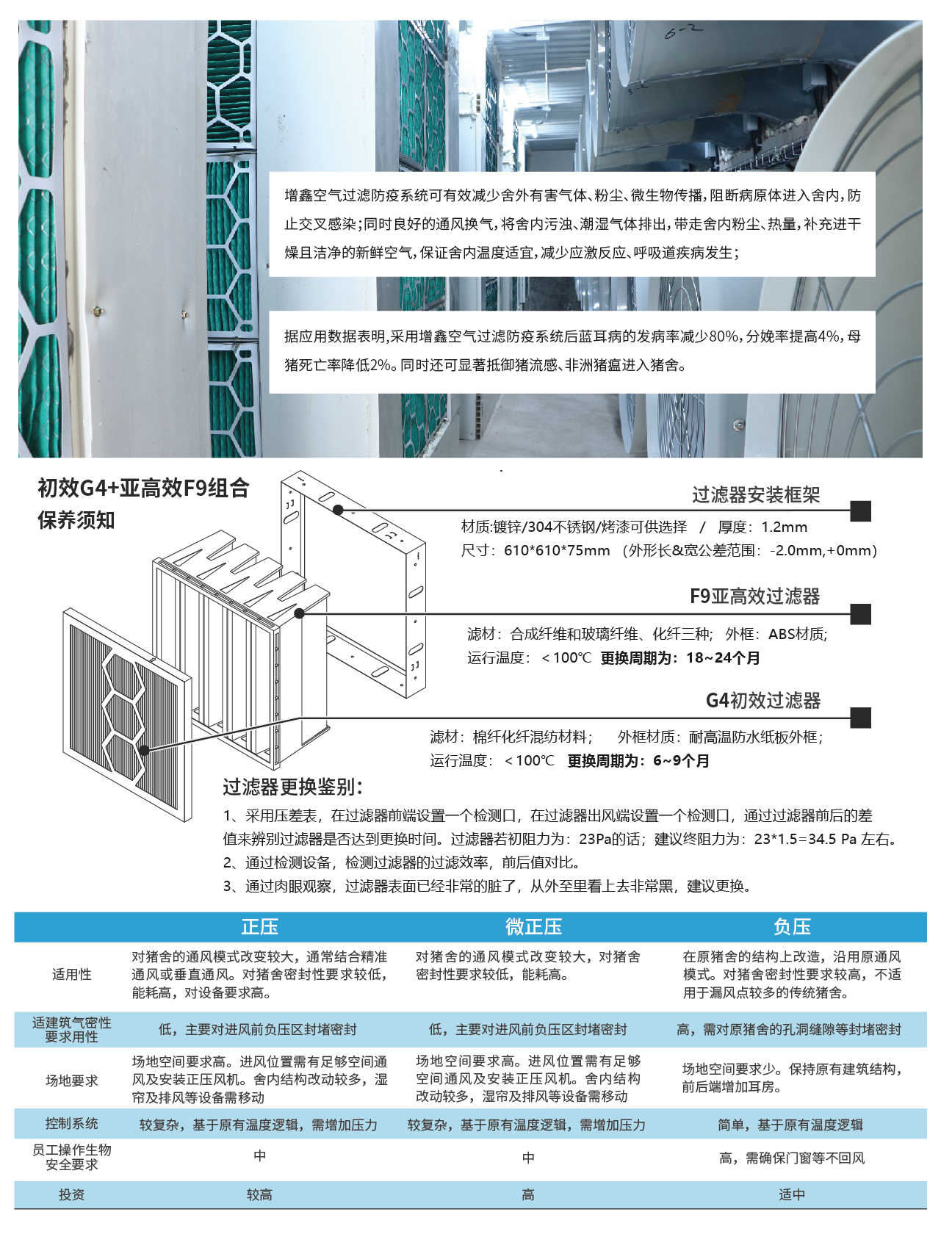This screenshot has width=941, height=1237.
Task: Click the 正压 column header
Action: pyautogui.click(x=260, y=927)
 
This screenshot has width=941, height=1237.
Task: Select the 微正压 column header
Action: pyautogui.click(x=533, y=927)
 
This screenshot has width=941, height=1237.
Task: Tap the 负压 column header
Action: pyautogui.click(x=792, y=927)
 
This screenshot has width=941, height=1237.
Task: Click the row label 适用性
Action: pyautogui.click(x=72, y=975)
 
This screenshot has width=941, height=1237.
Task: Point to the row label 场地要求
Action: pyautogui.click(x=72, y=1081)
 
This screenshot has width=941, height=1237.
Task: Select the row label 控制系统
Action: pyautogui.click(x=72, y=1124)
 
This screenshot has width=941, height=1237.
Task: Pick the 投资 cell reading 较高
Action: pyautogui.click(x=259, y=1195)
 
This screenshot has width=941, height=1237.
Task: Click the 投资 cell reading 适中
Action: pyautogui.click(x=792, y=1195)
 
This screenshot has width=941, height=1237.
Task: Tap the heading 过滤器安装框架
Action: pyautogui.click(x=756, y=495)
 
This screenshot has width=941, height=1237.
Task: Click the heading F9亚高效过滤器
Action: pyautogui.click(x=755, y=596)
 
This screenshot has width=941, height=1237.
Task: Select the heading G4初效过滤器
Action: pyautogui.click(x=763, y=701)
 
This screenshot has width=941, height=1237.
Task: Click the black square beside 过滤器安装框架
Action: pyautogui.click(x=860, y=511)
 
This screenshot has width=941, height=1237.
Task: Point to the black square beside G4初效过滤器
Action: pyautogui.click(x=860, y=718)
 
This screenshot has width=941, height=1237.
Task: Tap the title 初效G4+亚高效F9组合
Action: pyautogui.click(x=143, y=488)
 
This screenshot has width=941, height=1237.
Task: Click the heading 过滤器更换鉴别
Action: pyautogui.click(x=292, y=787)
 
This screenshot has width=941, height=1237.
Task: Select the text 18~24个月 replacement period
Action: pyautogui.click(x=723, y=658)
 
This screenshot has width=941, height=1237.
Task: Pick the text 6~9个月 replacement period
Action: pyautogui.click(x=681, y=761)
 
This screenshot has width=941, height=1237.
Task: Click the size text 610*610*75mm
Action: pyautogui.click(x=557, y=551)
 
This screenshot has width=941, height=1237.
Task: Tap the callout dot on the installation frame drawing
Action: pyautogui.click(x=338, y=510)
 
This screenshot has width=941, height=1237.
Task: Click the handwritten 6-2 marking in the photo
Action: pyautogui.click(x=683, y=31)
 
